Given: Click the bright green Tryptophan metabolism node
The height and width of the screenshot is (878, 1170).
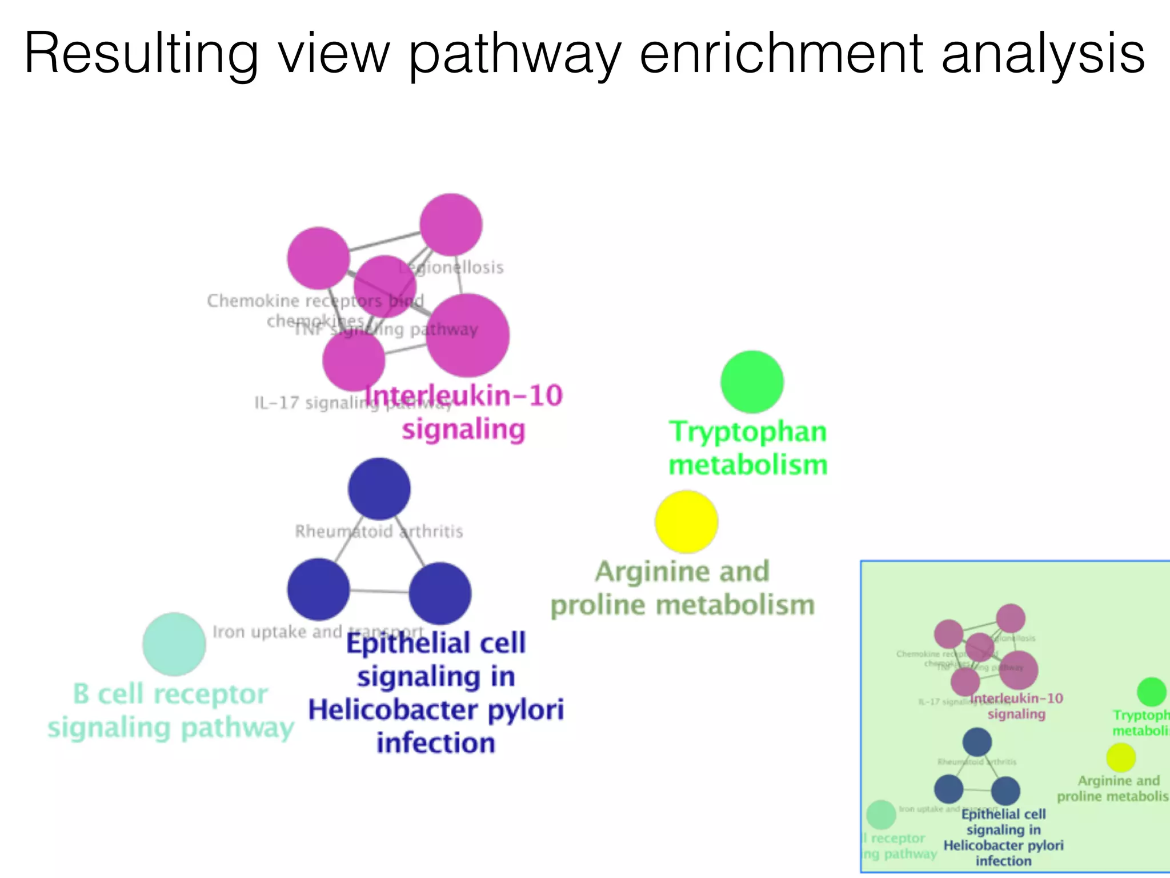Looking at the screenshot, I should (x=752, y=382).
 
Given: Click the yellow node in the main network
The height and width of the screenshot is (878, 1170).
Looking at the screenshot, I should (x=686, y=521).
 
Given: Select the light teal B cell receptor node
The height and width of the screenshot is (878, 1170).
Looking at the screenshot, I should (x=174, y=644).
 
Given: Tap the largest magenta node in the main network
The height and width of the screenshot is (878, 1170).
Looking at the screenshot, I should (x=468, y=336).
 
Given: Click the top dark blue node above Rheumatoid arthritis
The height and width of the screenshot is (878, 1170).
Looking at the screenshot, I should (x=379, y=489).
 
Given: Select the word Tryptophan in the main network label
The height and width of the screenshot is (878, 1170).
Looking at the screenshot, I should (x=748, y=432).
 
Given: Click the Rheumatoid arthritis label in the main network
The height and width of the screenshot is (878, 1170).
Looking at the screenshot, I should (x=379, y=532).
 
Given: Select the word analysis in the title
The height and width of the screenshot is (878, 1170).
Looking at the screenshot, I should (x=1043, y=54).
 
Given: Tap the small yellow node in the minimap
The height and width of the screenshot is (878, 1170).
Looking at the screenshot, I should (x=1120, y=757).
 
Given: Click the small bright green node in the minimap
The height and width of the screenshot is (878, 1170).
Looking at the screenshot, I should (x=1151, y=692).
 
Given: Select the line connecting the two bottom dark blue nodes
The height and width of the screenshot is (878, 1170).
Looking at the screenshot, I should (x=379, y=591).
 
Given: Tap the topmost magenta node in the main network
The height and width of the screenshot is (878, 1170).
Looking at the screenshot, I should (x=451, y=225).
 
